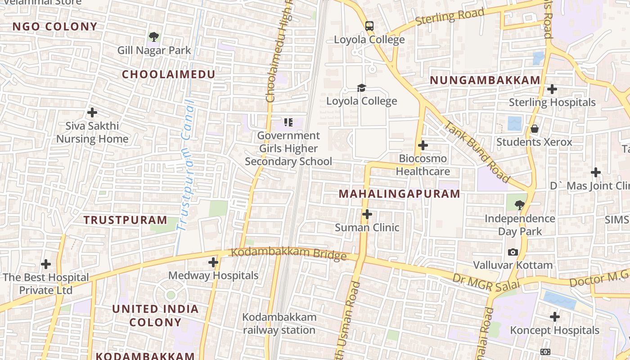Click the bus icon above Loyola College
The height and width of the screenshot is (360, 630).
(x=369, y=26)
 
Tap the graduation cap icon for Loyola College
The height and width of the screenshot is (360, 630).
(x=361, y=88)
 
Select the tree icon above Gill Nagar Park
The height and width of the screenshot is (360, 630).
(x=154, y=37)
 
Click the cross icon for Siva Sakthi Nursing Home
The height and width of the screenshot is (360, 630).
(x=92, y=112)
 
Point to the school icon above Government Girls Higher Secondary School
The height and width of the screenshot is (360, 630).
(x=288, y=122)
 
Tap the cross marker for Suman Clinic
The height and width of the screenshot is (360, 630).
(x=367, y=214)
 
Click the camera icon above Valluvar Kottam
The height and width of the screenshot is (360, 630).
(x=513, y=252)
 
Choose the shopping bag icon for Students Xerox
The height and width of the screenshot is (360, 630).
(x=534, y=129)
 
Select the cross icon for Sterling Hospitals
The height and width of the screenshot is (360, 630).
(x=552, y=89)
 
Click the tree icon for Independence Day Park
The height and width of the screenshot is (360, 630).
(x=520, y=205)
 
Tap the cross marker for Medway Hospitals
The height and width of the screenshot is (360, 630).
(x=213, y=262)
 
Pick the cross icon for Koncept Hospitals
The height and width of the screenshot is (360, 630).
(x=555, y=317)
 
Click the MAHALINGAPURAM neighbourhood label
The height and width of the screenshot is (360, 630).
(x=399, y=194)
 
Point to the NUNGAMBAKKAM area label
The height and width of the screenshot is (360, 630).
(x=485, y=80)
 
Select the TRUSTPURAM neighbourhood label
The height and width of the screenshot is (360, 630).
(x=125, y=220)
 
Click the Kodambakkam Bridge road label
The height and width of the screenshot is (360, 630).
(x=288, y=254)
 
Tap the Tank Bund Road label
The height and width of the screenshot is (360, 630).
(x=477, y=151)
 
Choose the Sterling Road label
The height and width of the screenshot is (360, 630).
(x=450, y=17)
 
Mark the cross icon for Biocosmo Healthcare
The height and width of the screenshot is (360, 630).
(x=423, y=145)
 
